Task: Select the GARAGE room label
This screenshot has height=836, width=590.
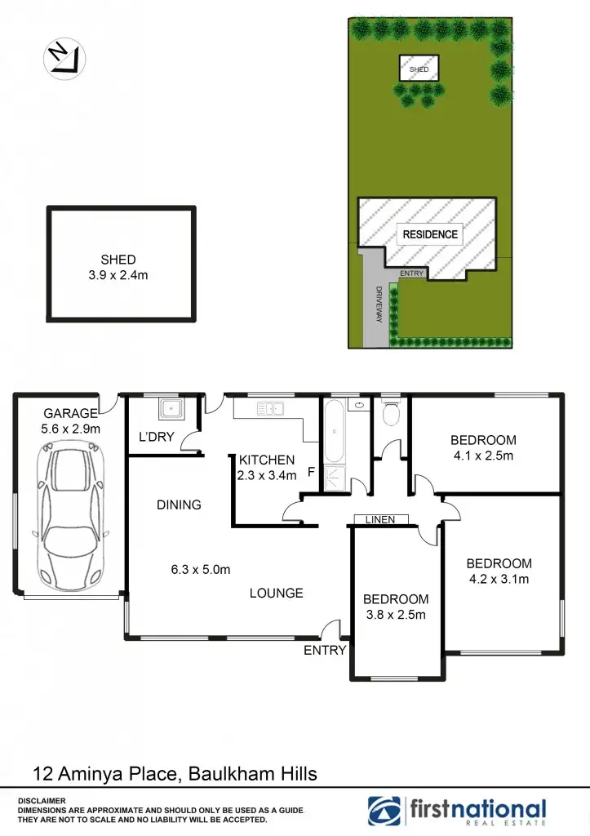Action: [x=71, y=413]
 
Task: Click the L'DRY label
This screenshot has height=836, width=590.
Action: [x=156, y=437]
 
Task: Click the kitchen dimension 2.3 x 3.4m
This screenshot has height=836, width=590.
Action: [x=266, y=475]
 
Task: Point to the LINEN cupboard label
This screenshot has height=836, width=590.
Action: [x=381, y=519]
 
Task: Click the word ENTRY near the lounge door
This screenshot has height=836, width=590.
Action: [x=325, y=651]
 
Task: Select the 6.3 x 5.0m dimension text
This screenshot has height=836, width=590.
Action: [x=201, y=570]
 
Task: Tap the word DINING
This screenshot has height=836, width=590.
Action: [x=179, y=505]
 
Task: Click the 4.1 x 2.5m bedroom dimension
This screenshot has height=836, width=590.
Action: [x=483, y=456]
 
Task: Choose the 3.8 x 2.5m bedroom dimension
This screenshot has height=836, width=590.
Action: [x=395, y=615]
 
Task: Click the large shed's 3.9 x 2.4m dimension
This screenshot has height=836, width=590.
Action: [x=118, y=275]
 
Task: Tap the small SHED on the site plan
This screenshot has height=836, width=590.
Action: [x=419, y=69]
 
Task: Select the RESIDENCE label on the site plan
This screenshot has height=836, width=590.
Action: [x=430, y=234]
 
